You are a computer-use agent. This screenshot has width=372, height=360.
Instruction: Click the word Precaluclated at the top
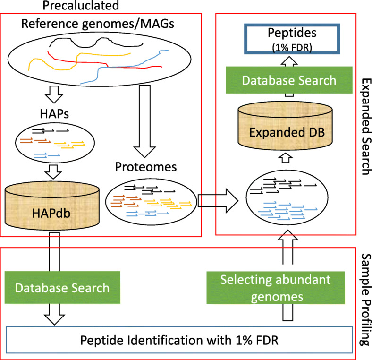pyautogui.click(x=88, y=6)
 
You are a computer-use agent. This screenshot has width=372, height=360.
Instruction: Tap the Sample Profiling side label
pyautogui.click(x=364, y=293)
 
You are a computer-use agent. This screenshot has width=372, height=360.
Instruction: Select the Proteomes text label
pyautogui.click(x=135, y=168)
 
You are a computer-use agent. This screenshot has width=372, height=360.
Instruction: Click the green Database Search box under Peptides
pyautogui.click(x=289, y=80)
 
